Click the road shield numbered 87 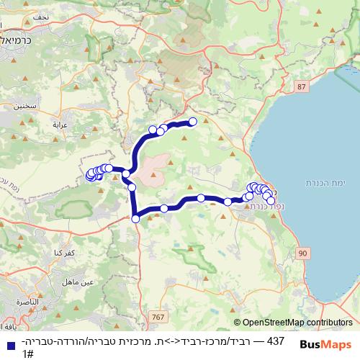(300, 86)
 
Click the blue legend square (10, 342)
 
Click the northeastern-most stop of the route (193, 121)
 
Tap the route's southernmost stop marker (135, 218)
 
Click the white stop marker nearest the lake (271, 201)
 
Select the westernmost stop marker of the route (90, 175)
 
